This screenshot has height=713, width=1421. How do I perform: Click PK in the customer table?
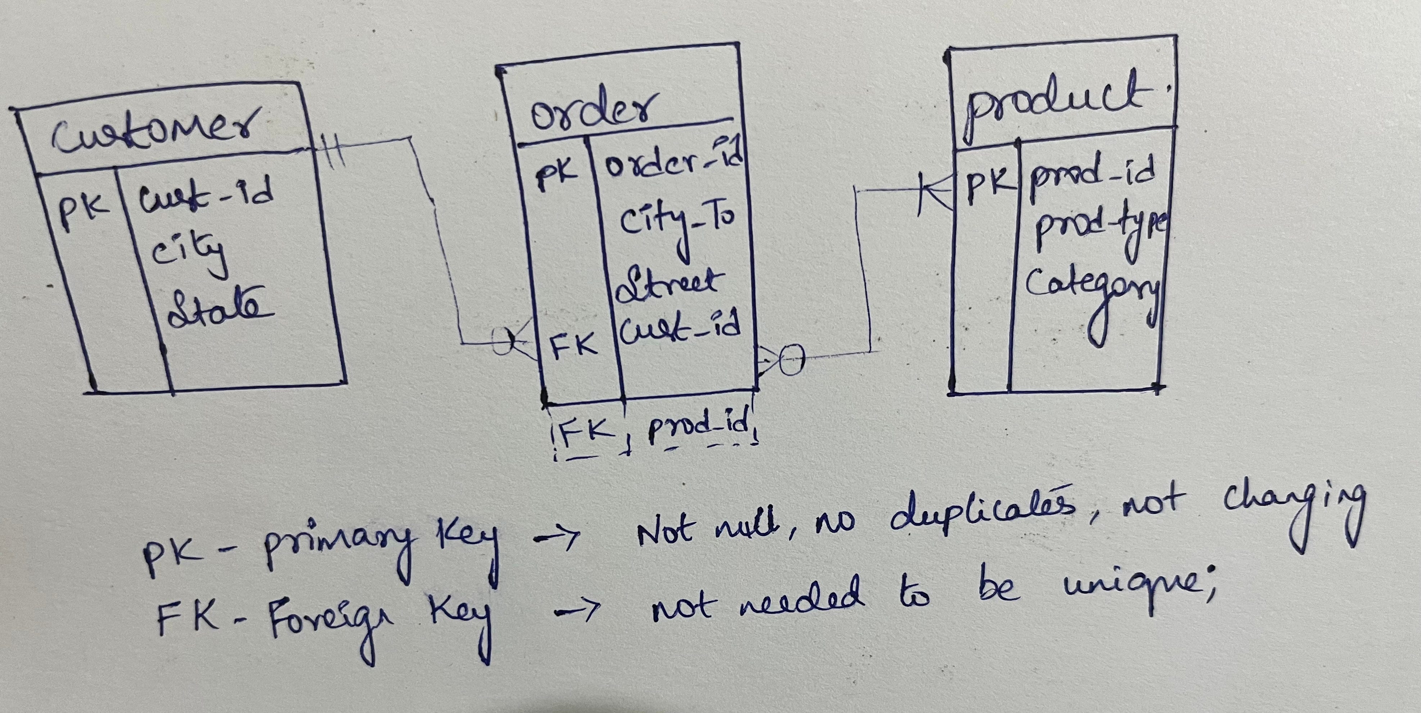tap(84, 212)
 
